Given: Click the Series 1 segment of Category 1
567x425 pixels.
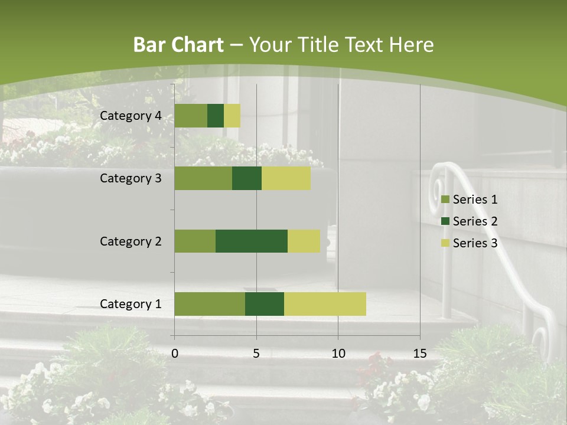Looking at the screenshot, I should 210,304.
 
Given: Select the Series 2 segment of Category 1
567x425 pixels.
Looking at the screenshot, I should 265,304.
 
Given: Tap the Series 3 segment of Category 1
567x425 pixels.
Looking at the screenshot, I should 325,304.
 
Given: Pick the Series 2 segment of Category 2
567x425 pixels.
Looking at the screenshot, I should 252,241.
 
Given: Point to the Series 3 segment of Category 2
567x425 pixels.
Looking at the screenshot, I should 304,241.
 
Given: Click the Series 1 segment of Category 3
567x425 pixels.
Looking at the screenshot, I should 203,178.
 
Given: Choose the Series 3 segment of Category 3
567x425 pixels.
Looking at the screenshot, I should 286,178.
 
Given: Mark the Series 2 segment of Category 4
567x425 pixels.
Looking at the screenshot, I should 216,116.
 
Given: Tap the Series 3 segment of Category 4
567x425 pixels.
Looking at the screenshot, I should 232,116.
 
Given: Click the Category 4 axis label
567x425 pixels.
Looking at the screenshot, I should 131,116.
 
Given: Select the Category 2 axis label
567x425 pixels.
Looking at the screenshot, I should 131,241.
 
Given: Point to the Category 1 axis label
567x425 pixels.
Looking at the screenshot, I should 131,304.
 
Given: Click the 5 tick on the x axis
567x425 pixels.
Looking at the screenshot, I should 256,354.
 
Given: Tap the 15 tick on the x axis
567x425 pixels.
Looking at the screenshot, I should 420,354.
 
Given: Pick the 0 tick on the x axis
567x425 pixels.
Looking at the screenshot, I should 175,354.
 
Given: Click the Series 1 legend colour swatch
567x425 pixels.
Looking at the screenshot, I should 445,200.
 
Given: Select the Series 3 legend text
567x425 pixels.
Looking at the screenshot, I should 475,243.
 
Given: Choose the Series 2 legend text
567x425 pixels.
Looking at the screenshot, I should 475,221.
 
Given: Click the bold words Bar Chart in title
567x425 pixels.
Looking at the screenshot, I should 178,45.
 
